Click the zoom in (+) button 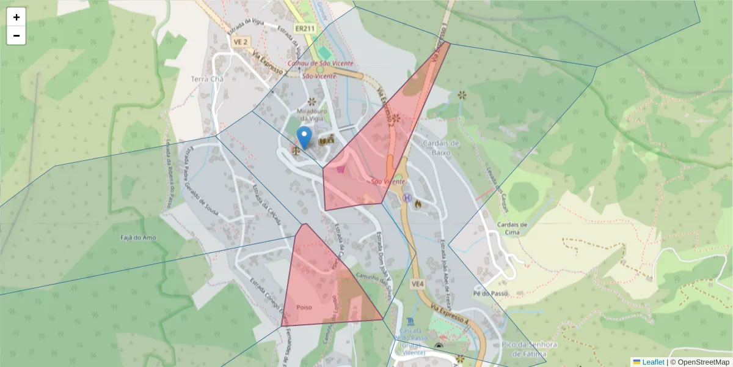pyautogui.click(x=16, y=17)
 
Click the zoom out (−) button pyautogui.click(x=16, y=35)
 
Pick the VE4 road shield pyautogui.click(x=418, y=284)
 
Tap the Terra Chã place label pyautogui.click(x=208, y=80)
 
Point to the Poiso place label pyautogui.click(x=304, y=307)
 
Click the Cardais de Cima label pyautogui.click(x=511, y=228)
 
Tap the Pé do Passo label pyautogui.click(x=490, y=294)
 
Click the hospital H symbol pyautogui.click(x=407, y=198)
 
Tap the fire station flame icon pyautogui.click(x=418, y=203)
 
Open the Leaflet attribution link pyautogui.click(x=648, y=361)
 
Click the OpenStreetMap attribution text pyautogui.click(x=702, y=361)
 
